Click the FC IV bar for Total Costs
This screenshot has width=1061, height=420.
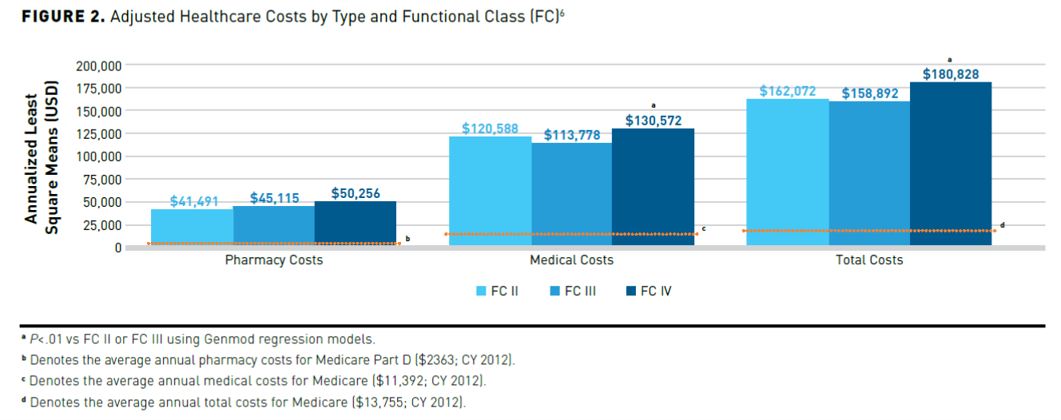951,164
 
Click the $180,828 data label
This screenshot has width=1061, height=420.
952,73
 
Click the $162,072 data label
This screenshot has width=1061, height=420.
788,92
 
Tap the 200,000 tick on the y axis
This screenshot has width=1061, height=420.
98,65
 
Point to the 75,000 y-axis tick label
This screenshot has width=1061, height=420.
101,179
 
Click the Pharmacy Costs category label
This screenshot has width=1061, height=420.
274,260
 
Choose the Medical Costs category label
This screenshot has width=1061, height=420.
572,260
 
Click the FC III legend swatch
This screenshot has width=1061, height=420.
552,291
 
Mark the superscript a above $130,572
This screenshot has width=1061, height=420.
654,105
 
